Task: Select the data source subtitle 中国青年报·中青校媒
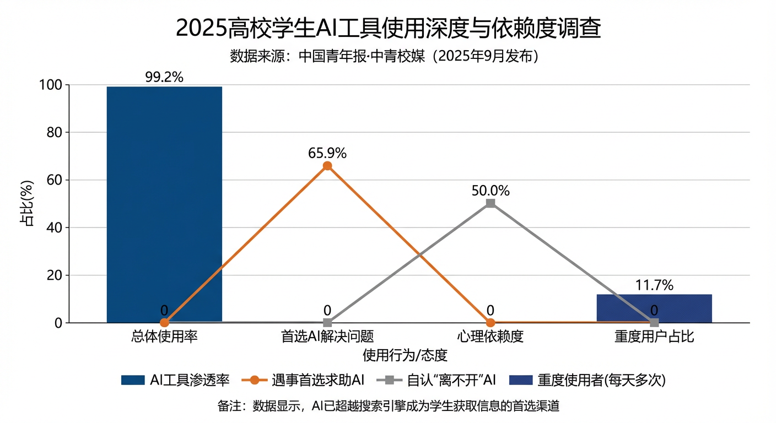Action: [x=384, y=57]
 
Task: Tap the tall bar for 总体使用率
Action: [x=164, y=204]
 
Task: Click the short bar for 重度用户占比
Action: [x=654, y=308]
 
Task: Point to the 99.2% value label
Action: [x=164, y=77]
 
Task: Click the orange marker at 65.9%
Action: [x=327, y=166]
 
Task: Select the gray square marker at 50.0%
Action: [x=491, y=204]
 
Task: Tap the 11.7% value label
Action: [x=654, y=285]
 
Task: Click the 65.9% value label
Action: [x=327, y=153]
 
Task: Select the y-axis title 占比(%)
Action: [x=26, y=204]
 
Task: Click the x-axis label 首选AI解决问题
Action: [x=327, y=337]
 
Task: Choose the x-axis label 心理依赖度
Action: [x=491, y=337]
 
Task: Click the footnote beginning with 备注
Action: [x=388, y=406]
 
